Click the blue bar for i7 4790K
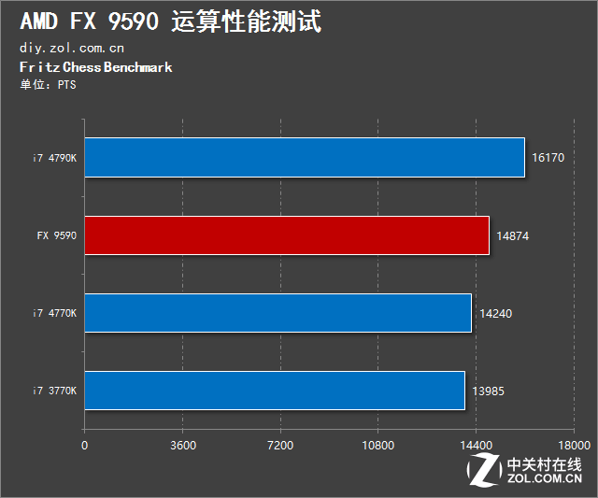[x=305, y=157]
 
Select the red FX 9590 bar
[x=287, y=235]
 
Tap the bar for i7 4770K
[x=278, y=313]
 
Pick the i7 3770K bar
[x=275, y=391]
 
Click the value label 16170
[x=548, y=158]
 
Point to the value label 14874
[x=512, y=236]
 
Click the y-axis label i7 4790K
[x=53, y=158]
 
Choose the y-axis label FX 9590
[x=57, y=236]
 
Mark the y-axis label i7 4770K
[x=53, y=314]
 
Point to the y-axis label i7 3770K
[x=53, y=391]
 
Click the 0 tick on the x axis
[x=85, y=445]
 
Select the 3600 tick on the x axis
[x=182, y=445]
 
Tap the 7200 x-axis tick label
[x=280, y=445]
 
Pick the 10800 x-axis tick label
[x=377, y=445]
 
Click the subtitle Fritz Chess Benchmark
[x=95, y=67]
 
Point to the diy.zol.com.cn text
[x=71, y=48]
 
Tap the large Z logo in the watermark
[x=485, y=471]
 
